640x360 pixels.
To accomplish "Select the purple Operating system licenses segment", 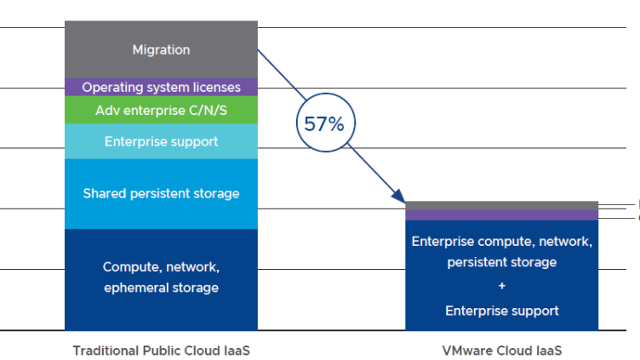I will [161, 88].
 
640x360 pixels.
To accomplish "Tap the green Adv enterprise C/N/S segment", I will [161, 111].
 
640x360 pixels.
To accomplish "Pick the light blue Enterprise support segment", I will [161, 141].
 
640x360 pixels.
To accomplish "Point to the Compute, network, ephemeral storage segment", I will [161, 279].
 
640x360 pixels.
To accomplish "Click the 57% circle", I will [324, 124].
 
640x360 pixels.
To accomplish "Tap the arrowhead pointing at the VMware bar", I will [401, 197].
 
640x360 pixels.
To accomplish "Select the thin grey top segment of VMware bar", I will [501, 205].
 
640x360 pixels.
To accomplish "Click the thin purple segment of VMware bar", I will [501, 214].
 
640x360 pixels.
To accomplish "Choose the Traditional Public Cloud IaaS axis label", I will [161, 350].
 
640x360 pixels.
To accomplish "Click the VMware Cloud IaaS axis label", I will [502, 350].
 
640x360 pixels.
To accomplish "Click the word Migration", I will [161, 50].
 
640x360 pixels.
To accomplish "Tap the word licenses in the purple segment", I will [219, 88].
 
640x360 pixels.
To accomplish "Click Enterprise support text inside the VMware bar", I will [502, 311].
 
